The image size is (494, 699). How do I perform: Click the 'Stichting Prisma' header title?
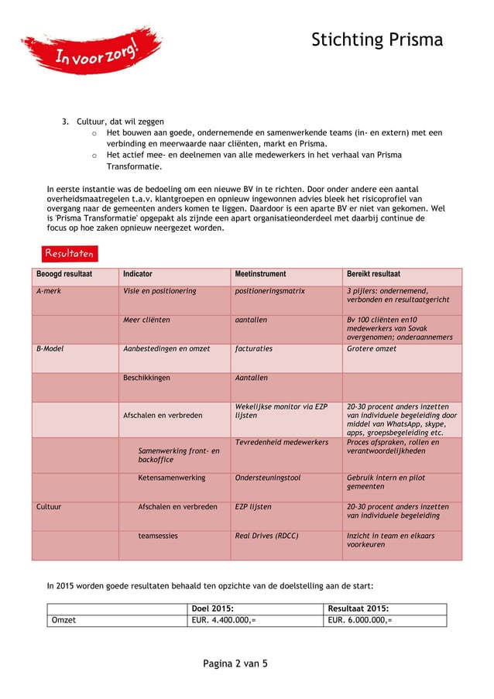click(377, 40)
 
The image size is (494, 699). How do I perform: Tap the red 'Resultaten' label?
click(69, 253)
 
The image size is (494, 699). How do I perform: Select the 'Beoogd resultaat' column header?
click(64, 274)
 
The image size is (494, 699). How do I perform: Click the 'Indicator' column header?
click(137, 274)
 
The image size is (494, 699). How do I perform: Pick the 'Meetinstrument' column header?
click(260, 274)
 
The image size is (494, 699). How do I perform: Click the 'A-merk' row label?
click(50, 291)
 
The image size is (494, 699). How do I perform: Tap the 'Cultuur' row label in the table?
click(50, 507)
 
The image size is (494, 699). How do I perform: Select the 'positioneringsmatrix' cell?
click(269, 291)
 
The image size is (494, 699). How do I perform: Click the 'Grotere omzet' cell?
click(372, 349)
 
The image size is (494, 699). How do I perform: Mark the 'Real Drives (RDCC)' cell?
click(266, 536)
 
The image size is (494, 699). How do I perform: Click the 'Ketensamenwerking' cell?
click(171, 478)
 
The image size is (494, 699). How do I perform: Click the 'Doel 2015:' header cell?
click(214, 608)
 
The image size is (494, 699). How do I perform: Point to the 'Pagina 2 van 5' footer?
click(235, 663)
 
